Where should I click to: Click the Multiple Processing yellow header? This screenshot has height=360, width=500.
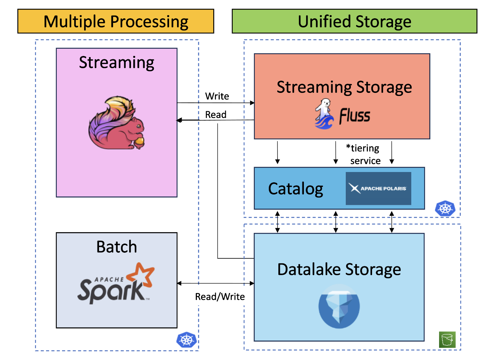(x=116, y=22)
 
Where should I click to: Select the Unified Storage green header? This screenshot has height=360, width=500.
(x=354, y=22)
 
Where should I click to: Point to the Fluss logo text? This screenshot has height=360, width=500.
(x=355, y=116)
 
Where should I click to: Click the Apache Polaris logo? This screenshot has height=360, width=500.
(x=378, y=188)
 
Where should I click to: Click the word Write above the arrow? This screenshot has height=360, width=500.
(x=217, y=96)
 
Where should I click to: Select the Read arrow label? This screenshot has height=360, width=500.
(x=216, y=115)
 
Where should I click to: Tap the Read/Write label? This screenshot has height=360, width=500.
(x=220, y=296)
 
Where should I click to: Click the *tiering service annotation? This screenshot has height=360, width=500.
(x=364, y=154)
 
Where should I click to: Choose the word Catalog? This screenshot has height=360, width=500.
(x=296, y=189)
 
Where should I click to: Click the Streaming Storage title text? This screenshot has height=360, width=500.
(x=344, y=87)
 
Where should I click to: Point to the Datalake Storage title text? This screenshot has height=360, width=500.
(x=339, y=269)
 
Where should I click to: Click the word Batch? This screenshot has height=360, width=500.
(x=117, y=247)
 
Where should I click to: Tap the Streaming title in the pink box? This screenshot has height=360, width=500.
(x=117, y=62)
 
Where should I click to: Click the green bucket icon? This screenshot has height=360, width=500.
(x=447, y=339)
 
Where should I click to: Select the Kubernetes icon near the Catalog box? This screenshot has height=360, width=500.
(x=445, y=209)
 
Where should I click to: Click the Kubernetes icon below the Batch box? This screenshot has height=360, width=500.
(x=186, y=340)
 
